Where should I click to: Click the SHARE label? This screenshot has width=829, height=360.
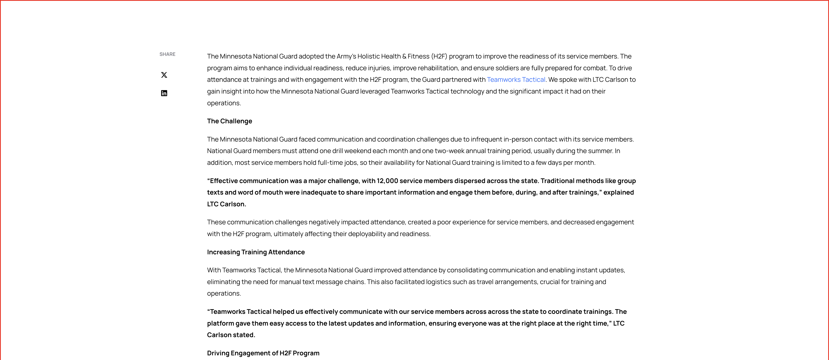pos(167,54)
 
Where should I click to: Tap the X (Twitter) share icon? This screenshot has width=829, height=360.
pos(164,75)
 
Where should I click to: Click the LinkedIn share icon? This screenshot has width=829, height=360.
pos(164,93)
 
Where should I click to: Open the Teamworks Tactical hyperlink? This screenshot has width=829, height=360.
pos(516,80)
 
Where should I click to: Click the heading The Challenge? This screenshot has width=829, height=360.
pos(230,121)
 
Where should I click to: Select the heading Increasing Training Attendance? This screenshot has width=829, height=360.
pos(256,252)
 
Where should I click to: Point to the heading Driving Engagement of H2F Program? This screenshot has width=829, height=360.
pos(263,353)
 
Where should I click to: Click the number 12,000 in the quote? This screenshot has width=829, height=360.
pos(387,181)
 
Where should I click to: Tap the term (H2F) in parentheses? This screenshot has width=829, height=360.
pos(439,56)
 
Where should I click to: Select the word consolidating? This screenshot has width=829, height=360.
pos(467,270)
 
